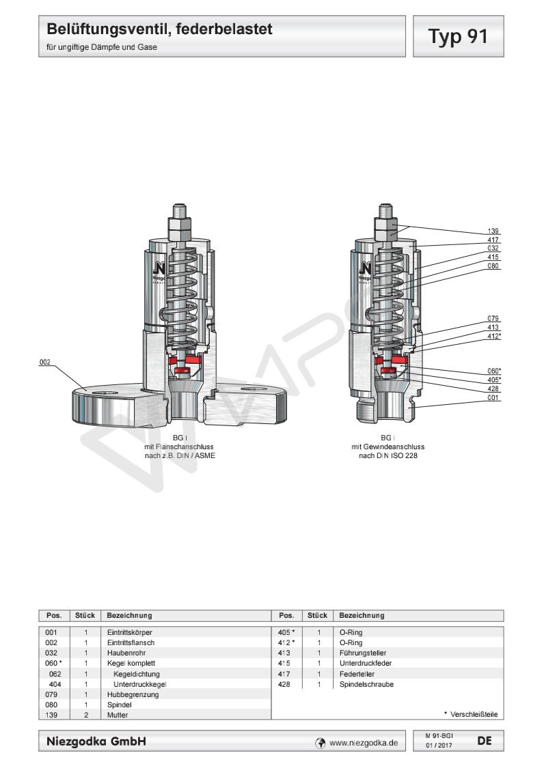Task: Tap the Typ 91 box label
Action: coord(458,36)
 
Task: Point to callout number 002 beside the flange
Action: coord(45,362)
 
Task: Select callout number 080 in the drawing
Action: coord(493,266)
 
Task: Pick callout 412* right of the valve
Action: coord(493,336)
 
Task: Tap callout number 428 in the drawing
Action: coord(493,388)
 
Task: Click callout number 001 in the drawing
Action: coord(493,397)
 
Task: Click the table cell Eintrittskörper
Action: coord(129,632)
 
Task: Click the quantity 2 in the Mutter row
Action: coord(86,715)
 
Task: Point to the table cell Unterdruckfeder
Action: coord(363,663)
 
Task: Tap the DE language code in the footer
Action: coord(485,739)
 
